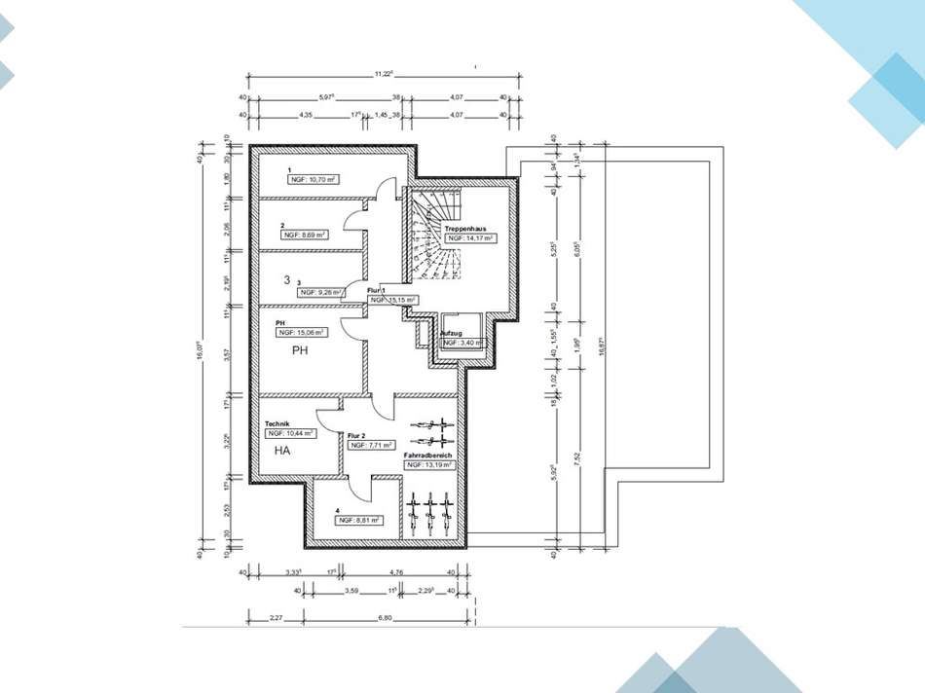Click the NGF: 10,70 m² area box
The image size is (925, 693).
[311, 180]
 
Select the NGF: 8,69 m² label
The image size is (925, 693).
[305, 235]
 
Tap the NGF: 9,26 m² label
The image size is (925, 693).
[322, 291]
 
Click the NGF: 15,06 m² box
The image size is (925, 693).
[301, 332]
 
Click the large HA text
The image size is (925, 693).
[282, 452]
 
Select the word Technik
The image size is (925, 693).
[277, 423]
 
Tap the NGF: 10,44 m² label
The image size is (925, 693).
[290, 433]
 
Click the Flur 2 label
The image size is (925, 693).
[356, 435]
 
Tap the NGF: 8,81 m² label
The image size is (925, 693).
[358, 521]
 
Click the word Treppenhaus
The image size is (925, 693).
[465, 228]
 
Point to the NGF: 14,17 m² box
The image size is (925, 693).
[471, 237]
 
